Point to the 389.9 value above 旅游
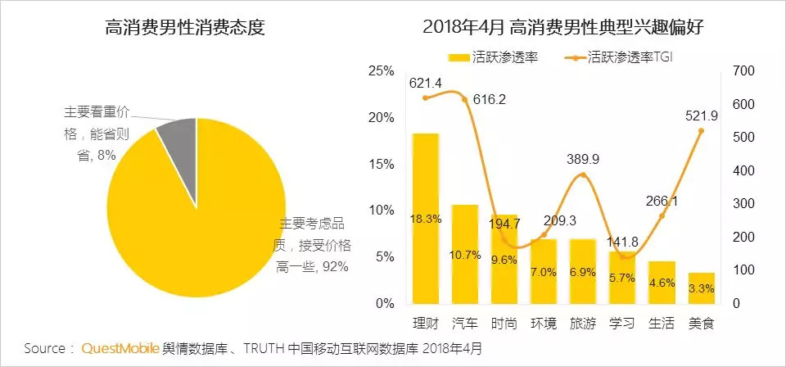click(x=583, y=160)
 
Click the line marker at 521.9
click(x=701, y=130)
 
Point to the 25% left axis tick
click(x=382, y=71)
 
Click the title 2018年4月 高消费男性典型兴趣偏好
click(x=564, y=28)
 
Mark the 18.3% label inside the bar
click(x=426, y=219)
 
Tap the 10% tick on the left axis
click(x=382, y=211)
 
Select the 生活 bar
click(x=662, y=283)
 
